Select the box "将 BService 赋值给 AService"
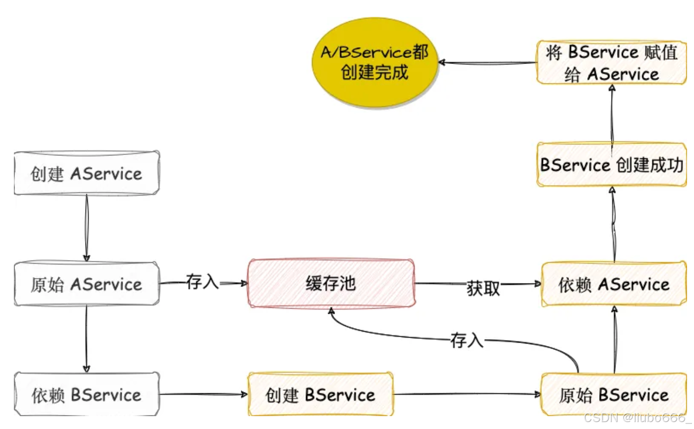(x=612, y=63)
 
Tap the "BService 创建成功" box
(x=612, y=165)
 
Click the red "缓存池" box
(x=331, y=284)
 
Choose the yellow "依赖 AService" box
(x=615, y=284)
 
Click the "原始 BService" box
(x=615, y=395)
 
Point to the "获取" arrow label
(x=483, y=288)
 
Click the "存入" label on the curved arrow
(x=467, y=341)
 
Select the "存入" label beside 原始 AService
(x=202, y=282)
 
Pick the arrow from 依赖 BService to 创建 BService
(x=204, y=395)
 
